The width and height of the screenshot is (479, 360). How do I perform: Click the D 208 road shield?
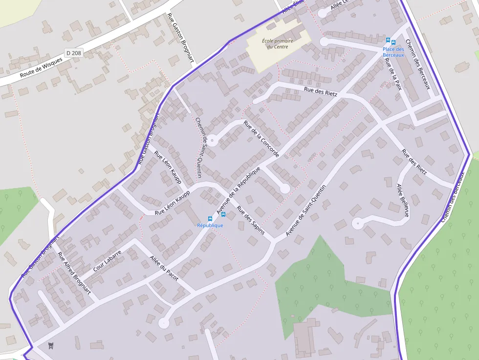point(73,52)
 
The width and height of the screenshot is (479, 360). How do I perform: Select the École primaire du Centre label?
point(278,44)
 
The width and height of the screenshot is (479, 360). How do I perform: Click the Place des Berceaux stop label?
point(393,52)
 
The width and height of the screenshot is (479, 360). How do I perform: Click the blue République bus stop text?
point(210,225)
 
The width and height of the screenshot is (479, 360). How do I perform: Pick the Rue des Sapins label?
point(250,220)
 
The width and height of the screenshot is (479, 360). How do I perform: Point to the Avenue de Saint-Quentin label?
point(305,211)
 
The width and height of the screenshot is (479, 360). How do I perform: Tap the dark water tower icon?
point(51,346)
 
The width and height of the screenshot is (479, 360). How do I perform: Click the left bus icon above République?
point(210,218)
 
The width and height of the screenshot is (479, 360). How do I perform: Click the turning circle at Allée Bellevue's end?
point(358,224)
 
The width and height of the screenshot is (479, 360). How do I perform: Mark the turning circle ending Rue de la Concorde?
point(212,139)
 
